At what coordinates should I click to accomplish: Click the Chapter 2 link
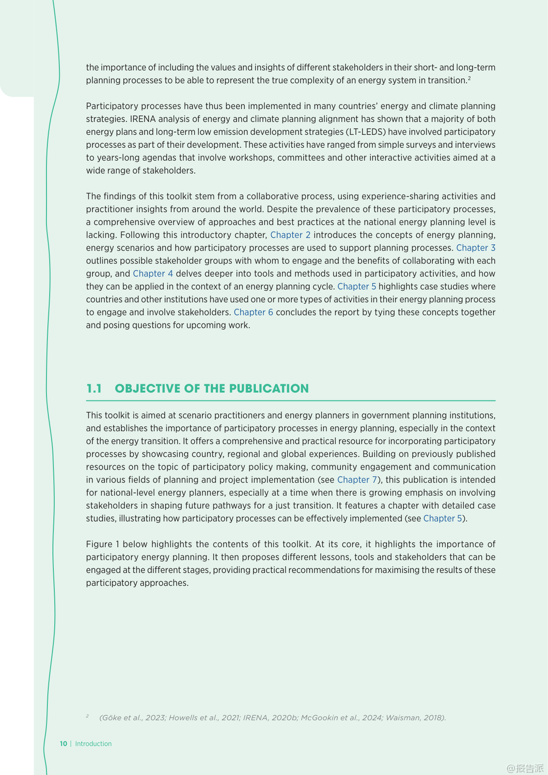[290, 235]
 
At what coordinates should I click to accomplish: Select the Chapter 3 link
[476, 248]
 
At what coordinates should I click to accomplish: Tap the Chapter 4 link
[153, 274]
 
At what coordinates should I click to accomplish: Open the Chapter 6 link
[253, 313]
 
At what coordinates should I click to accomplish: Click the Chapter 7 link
[357, 480]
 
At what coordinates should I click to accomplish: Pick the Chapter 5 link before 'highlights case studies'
[356, 287]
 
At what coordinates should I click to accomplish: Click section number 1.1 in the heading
[94, 389]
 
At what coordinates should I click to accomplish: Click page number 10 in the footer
[64, 744]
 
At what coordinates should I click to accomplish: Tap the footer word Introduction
[93, 744]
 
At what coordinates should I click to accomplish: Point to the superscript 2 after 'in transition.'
[469, 78]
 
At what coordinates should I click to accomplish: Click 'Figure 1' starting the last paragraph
[103, 545]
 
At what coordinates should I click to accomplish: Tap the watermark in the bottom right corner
[525, 768]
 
